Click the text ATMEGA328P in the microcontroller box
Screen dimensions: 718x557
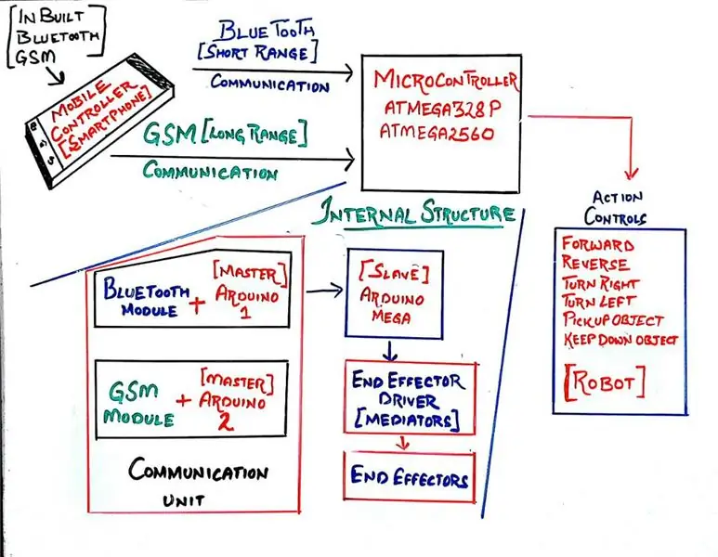pos(442,108)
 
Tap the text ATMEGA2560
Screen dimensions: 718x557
pos(437,132)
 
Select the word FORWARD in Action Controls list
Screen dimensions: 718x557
pos(598,244)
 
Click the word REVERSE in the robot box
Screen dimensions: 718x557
pos(595,264)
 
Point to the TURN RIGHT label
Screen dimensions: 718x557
pos(600,283)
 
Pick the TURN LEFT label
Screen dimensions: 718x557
pos(599,302)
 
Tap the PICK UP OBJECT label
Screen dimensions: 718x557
pos(613,320)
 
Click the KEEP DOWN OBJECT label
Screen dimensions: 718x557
pos(620,340)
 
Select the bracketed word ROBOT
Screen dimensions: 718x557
pos(605,382)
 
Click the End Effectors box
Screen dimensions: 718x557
pos(410,477)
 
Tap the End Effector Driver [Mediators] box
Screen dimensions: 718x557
pos(410,398)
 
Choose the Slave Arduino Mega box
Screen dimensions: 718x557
pos(394,294)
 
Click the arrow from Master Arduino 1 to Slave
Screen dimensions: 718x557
pos(324,291)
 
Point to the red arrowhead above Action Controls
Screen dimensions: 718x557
pos(632,174)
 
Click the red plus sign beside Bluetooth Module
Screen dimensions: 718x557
pos(197,305)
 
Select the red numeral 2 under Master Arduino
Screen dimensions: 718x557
pos(225,421)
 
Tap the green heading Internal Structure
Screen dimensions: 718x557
pos(413,214)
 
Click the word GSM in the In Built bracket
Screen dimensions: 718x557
pos(35,58)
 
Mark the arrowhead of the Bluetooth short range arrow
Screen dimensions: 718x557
pos(347,71)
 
